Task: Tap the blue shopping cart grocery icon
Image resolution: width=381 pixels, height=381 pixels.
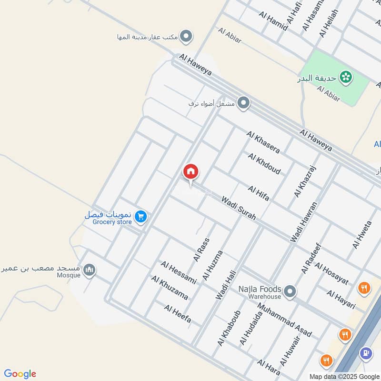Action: click(x=140, y=217)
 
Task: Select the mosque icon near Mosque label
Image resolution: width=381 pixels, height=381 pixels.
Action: click(x=89, y=271)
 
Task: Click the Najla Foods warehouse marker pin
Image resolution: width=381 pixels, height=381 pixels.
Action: click(x=290, y=290)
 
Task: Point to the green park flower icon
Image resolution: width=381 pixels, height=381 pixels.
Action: click(x=346, y=76)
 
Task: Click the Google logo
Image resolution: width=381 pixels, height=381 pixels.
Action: click(x=20, y=374)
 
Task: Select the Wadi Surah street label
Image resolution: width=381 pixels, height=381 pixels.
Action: click(x=239, y=208)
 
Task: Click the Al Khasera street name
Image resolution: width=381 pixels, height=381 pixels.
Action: click(x=263, y=142)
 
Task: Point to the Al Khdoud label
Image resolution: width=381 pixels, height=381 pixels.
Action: click(x=264, y=163)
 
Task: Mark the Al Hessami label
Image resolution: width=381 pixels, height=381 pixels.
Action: click(x=179, y=272)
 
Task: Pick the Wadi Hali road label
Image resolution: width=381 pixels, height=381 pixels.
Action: click(x=226, y=282)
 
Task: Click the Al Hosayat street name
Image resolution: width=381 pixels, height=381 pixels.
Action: click(x=331, y=274)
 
